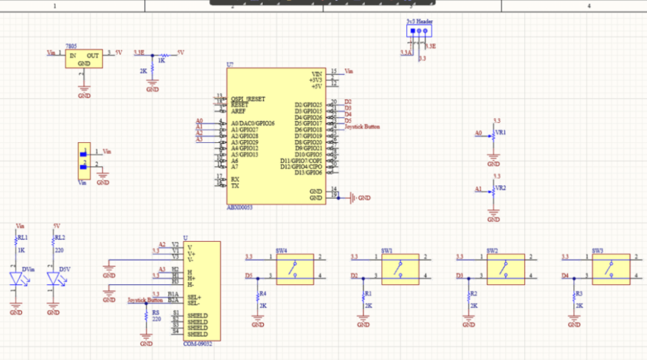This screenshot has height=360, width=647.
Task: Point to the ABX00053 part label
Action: (x=239, y=207)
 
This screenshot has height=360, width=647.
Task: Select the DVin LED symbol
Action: (x=17, y=279)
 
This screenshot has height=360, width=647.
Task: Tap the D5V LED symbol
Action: (x=54, y=279)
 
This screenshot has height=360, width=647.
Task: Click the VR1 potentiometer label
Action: (x=500, y=133)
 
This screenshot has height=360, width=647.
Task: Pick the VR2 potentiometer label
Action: (x=500, y=188)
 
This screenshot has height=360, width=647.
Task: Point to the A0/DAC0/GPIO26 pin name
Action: (x=253, y=123)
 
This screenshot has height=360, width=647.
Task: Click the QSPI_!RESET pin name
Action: (x=248, y=99)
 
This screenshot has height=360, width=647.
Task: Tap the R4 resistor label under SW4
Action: (x=263, y=294)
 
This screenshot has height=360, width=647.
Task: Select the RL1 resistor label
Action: (x=23, y=237)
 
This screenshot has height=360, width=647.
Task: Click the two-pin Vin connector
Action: (x=83, y=160)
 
